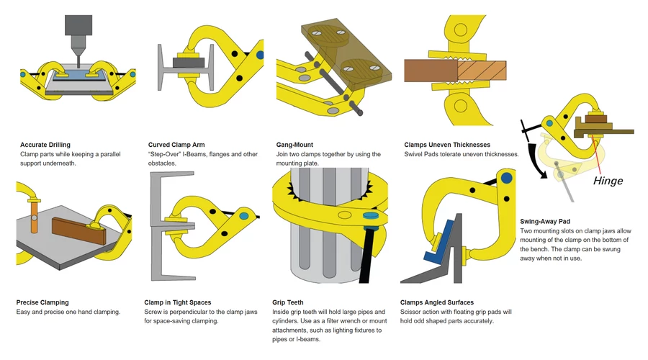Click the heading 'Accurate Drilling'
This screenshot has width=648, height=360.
coord(45,145)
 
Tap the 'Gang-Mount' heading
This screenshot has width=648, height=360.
coord(294,145)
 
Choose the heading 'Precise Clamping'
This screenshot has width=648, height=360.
coord(42,302)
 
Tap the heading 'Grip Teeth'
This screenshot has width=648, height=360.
coord(291,302)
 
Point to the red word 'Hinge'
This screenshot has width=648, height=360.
coord(608,181)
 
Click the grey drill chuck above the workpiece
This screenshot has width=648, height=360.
coord(78,26)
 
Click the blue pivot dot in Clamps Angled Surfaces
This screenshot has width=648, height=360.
coord(508,177)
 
